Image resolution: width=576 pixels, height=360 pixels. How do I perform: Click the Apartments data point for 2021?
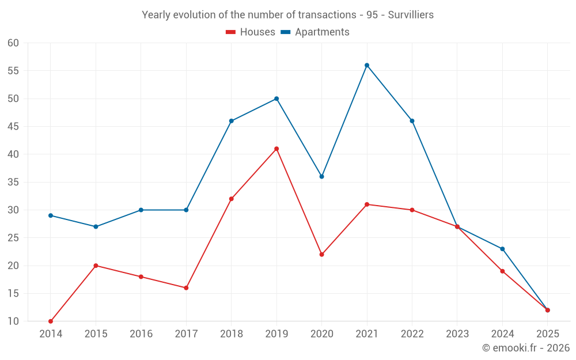click(367, 65)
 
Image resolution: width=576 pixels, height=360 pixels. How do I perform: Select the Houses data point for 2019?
click(276, 149)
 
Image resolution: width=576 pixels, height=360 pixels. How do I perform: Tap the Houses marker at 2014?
click(51, 321)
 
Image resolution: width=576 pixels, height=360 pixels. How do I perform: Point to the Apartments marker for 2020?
click(321, 176)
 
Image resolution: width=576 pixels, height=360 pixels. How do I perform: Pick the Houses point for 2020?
click(321, 254)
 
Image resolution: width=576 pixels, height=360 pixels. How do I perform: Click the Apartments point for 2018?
click(232, 121)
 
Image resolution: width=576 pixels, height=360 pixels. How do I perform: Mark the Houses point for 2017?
click(186, 287)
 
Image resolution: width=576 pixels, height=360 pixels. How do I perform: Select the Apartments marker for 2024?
click(502, 249)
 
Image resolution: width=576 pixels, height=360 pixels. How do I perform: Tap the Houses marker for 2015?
click(96, 266)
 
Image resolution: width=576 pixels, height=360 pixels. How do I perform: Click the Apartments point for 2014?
click(51, 215)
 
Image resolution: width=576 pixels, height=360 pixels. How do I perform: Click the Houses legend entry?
click(251, 32)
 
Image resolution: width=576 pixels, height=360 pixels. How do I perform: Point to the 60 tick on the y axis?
click(13, 43)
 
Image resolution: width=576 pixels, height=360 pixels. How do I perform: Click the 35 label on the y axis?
click(13, 182)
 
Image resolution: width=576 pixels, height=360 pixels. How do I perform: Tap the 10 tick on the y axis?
click(13, 321)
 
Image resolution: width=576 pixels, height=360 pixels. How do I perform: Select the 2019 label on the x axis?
click(276, 334)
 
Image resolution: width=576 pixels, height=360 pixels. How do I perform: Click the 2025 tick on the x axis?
click(547, 334)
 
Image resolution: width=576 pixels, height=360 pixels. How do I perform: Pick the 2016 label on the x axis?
click(141, 334)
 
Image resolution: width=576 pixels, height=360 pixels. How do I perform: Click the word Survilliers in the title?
click(411, 15)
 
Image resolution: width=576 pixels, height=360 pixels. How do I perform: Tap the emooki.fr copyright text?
click(526, 348)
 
